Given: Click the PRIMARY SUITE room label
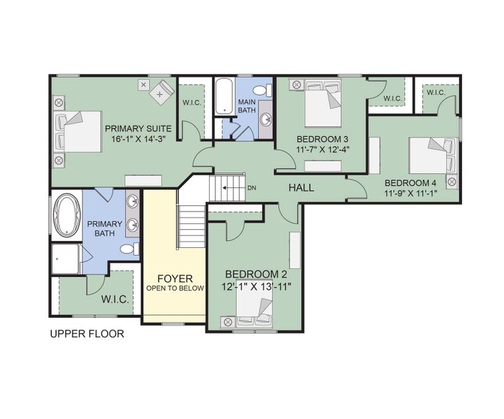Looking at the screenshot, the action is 138,128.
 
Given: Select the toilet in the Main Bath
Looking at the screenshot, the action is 262,90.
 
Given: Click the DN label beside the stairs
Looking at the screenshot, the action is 252,188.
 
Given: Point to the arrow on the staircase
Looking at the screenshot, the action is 229,188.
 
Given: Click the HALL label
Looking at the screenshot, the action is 301,188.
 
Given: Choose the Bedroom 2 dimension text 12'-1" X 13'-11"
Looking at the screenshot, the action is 256,286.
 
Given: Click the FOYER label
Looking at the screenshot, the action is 175,279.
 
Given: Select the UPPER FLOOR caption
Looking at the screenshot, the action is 87,334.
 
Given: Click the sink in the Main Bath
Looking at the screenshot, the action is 266,119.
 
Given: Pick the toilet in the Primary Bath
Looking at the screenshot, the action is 129,249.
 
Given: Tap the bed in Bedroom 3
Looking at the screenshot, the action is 323,103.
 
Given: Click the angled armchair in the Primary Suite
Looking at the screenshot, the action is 161,92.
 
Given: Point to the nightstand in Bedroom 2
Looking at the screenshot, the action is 228,322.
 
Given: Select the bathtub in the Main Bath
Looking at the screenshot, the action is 224,96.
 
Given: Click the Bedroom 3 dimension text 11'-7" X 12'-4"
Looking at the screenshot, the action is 322,149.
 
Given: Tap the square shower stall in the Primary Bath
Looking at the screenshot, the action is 65,259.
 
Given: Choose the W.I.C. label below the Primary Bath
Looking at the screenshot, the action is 115,300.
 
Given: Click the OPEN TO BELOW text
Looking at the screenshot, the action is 175,288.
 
